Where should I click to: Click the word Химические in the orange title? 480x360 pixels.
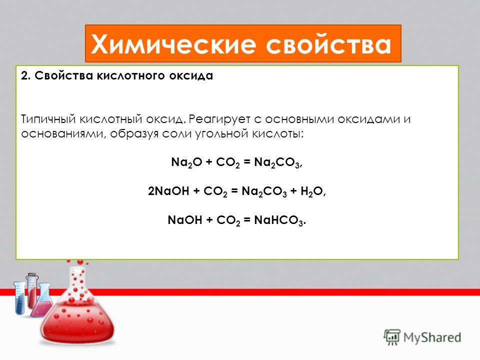(173, 44)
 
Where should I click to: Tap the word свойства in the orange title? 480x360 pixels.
(328, 44)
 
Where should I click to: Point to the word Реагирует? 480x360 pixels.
(219, 119)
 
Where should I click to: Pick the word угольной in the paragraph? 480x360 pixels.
(222, 133)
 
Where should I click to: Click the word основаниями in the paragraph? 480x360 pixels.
(63, 134)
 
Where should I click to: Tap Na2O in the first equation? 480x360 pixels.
(186, 162)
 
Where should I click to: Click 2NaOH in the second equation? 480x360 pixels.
(168, 191)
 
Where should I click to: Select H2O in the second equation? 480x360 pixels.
(311, 191)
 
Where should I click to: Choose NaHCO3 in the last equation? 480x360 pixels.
(278, 220)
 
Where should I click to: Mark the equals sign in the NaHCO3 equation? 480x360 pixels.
(247, 220)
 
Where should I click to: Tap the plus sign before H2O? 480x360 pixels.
(293, 191)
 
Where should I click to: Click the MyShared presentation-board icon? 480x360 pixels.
(392, 337)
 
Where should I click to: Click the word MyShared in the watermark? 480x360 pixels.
(432, 337)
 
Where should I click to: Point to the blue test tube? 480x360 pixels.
(19, 298)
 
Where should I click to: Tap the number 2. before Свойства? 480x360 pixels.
(25, 75)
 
